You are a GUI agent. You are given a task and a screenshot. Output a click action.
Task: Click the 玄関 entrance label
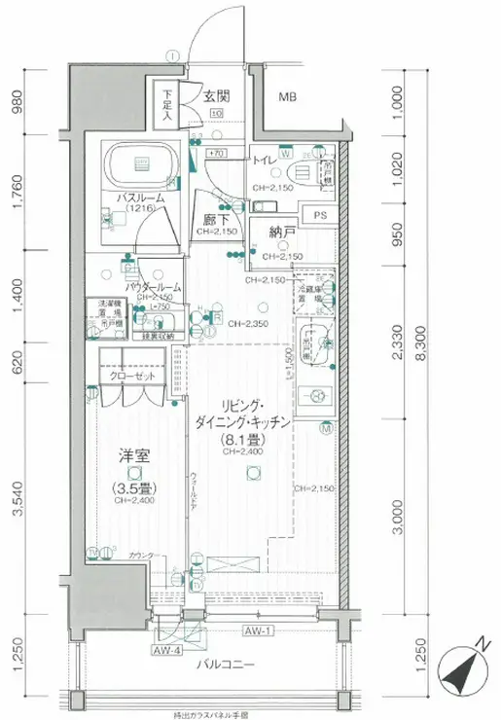(x=216, y=96)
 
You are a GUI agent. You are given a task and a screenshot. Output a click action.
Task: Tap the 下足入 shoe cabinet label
(x=168, y=105)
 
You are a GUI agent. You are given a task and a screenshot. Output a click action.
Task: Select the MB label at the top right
(x=290, y=97)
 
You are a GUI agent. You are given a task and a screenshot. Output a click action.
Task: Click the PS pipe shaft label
(x=320, y=215)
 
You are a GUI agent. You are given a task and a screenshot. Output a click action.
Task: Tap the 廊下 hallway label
(x=216, y=221)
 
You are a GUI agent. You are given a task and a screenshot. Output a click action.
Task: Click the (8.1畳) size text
(x=253, y=437)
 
